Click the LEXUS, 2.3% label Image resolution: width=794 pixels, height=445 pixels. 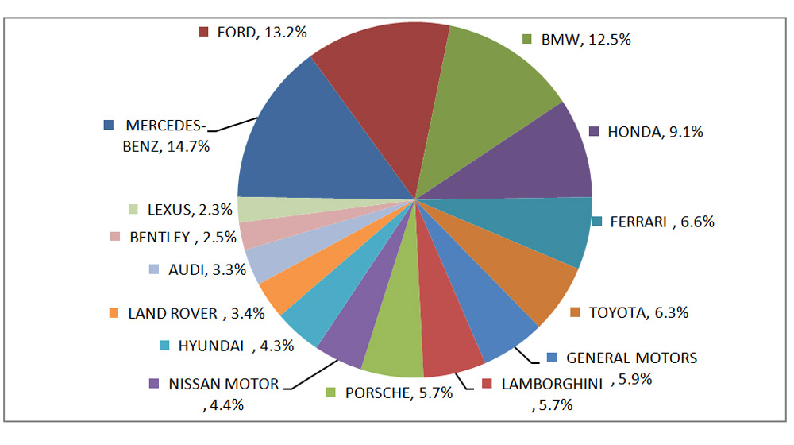(x=189, y=210)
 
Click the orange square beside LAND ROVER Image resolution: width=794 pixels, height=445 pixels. (x=114, y=313)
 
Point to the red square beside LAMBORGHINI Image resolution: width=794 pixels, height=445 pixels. (x=487, y=384)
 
